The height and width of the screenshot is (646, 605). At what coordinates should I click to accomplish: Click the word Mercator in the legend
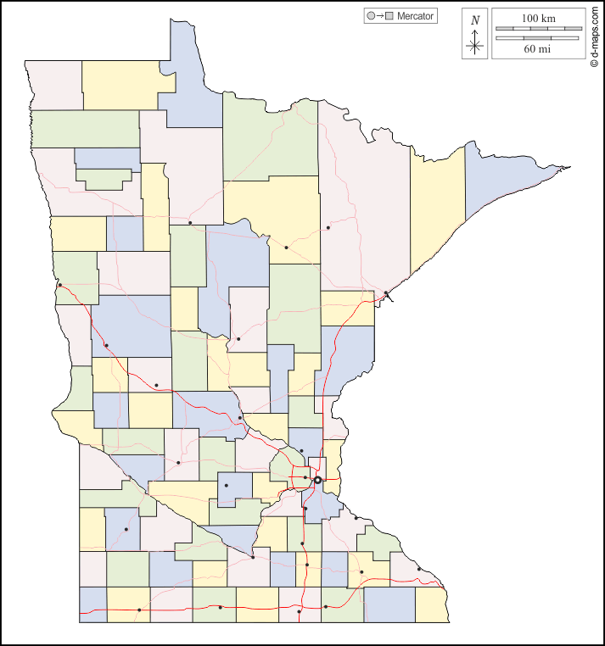(x=415, y=16)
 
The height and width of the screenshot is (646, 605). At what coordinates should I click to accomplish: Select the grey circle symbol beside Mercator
(x=370, y=16)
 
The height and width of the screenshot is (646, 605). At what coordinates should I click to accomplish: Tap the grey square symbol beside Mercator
(x=389, y=16)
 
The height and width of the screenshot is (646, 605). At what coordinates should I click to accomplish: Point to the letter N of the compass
(x=475, y=20)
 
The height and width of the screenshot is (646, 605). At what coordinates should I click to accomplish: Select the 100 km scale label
(x=537, y=18)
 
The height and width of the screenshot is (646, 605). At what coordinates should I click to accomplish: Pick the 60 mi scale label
(x=537, y=49)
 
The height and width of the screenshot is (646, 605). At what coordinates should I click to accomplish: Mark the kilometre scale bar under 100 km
(x=537, y=30)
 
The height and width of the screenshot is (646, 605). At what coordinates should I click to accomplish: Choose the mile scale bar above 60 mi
(x=537, y=38)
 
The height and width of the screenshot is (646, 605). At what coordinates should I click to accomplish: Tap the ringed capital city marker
(x=317, y=480)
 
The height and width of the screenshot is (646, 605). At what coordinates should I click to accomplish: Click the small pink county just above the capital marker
(x=317, y=466)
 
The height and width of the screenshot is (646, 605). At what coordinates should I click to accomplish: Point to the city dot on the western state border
(x=60, y=285)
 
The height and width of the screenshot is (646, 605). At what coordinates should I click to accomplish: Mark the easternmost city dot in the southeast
(x=418, y=569)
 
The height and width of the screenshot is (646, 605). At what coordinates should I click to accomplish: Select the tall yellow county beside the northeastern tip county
(x=437, y=212)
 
